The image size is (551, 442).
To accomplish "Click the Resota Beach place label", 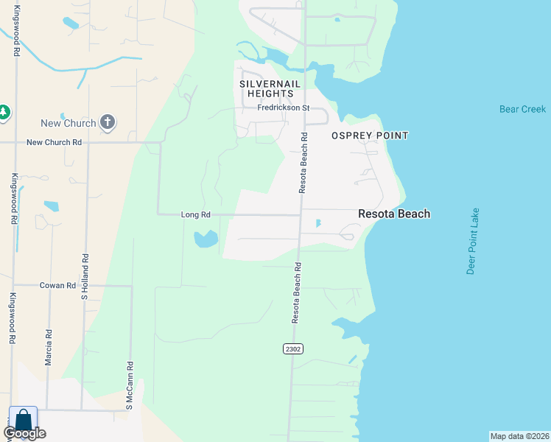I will click(394, 214).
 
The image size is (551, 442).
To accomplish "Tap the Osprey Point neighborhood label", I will click(369, 136).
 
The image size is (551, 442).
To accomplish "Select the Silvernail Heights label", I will click(271, 89).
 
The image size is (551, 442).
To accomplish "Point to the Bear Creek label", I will click(522, 109).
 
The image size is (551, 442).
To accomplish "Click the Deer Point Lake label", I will click(474, 241).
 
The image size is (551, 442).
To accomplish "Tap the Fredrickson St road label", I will click(283, 108).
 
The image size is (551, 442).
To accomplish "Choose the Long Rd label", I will click(196, 215).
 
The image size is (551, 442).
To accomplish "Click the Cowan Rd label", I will click(58, 285).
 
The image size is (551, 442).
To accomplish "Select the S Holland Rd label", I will click(85, 277).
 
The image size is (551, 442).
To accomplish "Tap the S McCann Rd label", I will click(130, 385).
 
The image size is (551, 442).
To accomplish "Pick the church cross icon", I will click(108, 122).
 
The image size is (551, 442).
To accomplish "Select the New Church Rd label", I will click(54, 142).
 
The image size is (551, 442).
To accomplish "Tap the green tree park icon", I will click(4, 112).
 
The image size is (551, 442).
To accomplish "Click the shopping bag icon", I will click(22, 420).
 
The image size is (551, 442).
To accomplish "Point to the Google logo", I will click(24, 434).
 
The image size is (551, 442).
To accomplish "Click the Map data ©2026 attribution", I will click(519, 436).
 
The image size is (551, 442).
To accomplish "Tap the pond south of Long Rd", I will click(206, 239).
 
